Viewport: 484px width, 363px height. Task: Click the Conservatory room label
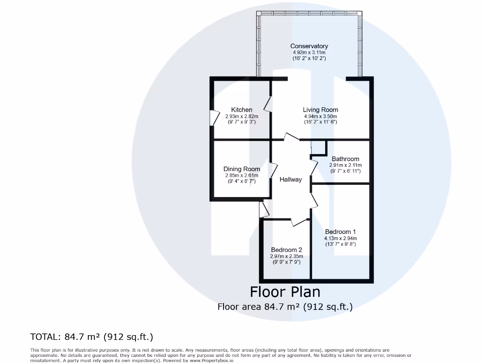[x=309, y=46]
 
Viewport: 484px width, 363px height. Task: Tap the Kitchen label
[x=242, y=110]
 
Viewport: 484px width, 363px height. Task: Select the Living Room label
[x=320, y=110]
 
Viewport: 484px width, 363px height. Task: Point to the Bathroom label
[x=345, y=159]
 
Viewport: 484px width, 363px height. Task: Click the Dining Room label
[x=242, y=169]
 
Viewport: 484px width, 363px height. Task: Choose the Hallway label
[x=290, y=180]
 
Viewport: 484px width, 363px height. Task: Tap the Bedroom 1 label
[x=340, y=232]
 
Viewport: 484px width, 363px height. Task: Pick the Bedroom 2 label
[x=286, y=250]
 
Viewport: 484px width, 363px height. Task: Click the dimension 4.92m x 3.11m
[x=309, y=52]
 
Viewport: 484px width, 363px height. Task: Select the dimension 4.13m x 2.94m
[x=340, y=238]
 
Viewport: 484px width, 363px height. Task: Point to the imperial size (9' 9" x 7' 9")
[x=286, y=262]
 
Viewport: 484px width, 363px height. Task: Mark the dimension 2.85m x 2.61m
[x=242, y=175]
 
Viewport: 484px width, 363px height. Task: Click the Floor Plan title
[x=285, y=291]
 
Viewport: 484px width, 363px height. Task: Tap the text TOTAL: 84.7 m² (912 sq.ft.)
[x=92, y=337]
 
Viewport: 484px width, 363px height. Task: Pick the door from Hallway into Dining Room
[x=274, y=170]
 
